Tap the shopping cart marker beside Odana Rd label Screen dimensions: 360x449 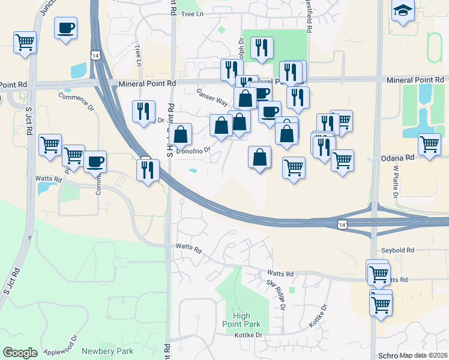coord(430,145)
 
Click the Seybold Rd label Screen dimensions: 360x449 coord(397,250)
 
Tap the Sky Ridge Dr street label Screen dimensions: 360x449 coord(276,293)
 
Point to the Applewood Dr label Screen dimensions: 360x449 coord(56,348)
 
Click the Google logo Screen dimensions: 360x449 coord(20,353)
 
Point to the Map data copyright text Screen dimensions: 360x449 coord(423,355)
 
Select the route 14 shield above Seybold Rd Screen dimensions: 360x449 coord(342,224)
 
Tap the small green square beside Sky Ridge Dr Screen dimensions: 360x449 coord(292,289)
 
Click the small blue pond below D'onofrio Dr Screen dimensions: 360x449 coord(193,170)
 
